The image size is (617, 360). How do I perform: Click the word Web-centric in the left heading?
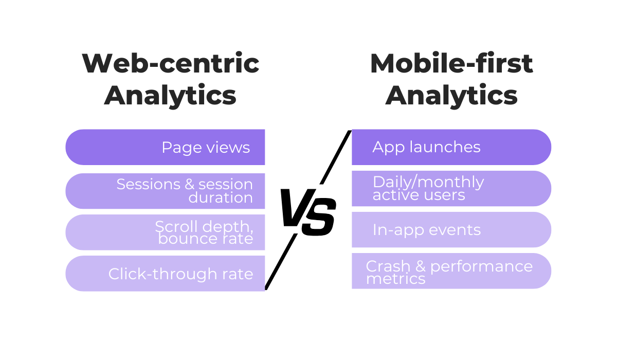170,64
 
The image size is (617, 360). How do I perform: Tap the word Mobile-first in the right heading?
451,64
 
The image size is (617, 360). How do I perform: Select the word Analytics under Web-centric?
170,96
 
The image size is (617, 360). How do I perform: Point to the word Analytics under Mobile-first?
451,96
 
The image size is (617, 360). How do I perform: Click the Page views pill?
165,148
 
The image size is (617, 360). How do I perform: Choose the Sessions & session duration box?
165,191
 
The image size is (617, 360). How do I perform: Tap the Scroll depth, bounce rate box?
165,232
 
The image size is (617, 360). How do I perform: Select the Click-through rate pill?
165,274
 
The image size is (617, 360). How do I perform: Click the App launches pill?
451,148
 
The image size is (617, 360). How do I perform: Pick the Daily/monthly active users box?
451,188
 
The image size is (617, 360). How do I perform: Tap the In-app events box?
451,230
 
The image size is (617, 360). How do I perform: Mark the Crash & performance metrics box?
451,271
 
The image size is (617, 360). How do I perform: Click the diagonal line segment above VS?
336,157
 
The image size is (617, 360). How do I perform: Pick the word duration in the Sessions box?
221,198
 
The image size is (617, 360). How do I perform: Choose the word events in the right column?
456,230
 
